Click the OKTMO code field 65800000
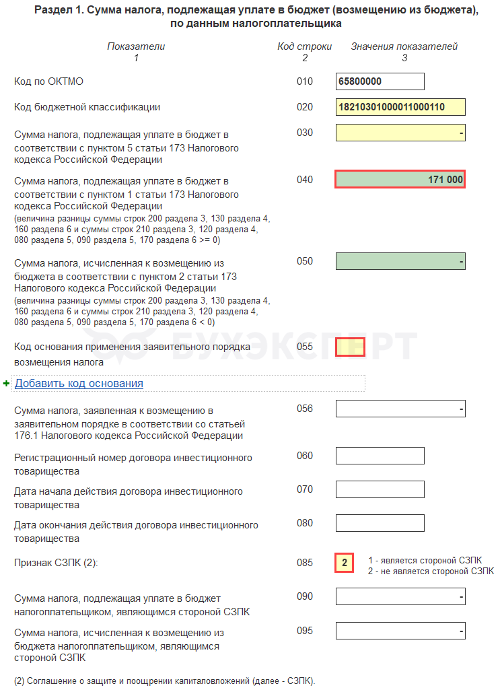pyautogui.click(x=380, y=81)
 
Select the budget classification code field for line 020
pyautogui.click(x=400, y=107)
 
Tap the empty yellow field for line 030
pyautogui.click(x=400, y=133)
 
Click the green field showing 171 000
pyautogui.click(x=400, y=179)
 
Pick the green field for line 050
pyautogui.click(x=400, y=261)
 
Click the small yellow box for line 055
pyautogui.click(x=350, y=347)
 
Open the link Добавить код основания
pyautogui.click(x=79, y=383)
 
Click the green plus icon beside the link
pyautogui.click(x=6, y=383)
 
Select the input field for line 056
pyautogui.click(x=400, y=409)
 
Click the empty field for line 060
pyautogui.click(x=380, y=456)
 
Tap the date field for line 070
pyautogui.click(x=380, y=489)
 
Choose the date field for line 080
pyautogui.click(x=380, y=523)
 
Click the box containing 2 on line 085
pyautogui.click(x=345, y=563)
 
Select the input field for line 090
pyautogui.click(x=400, y=596)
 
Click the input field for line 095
pyautogui.click(x=400, y=631)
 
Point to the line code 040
pyautogui.click(x=305, y=180)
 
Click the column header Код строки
pyautogui.click(x=304, y=46)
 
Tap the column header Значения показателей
pyautogui.click(x=404, y=46)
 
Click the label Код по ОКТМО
pyautogui.click(x=48, y=81)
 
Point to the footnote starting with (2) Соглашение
pyautogui.click(x=165, y=681)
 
